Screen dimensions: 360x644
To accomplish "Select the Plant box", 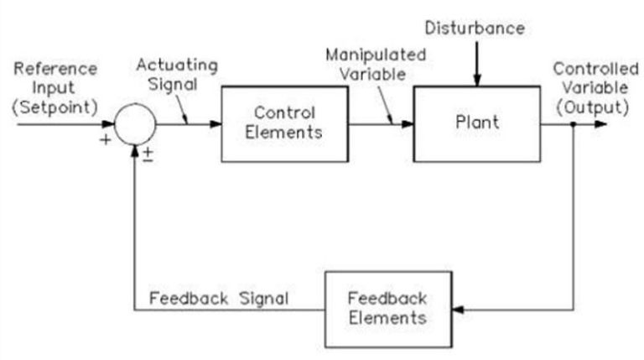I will (x=476, y=123).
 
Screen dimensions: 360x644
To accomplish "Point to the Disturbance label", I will (x=475, y=29).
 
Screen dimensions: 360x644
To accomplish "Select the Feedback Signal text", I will (x=218, y=298).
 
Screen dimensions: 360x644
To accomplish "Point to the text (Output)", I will (x=596, y=107).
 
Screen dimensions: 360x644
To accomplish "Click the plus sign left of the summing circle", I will (x=105, y=139).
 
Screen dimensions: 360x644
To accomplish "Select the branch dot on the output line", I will (x=573, y=124).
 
